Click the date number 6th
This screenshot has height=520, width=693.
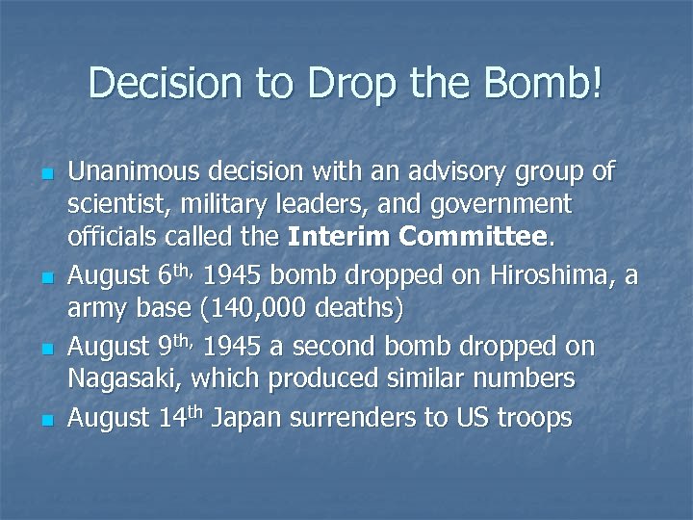174,275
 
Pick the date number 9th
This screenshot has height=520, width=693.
174,346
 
